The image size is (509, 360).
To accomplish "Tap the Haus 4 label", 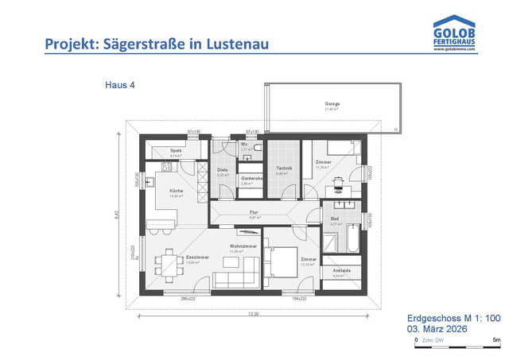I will pos(119,84).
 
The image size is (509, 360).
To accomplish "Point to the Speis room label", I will pos(177,150).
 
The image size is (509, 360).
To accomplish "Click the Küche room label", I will pos(176,192).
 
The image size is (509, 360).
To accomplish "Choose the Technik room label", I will pos(285,168).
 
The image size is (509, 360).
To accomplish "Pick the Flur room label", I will pos(254,212).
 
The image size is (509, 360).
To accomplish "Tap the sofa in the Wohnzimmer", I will pos(235,280).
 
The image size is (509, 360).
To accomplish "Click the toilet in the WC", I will pos(259,149).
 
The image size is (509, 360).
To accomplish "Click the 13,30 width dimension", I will pos(254,315).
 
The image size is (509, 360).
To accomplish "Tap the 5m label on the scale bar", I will pos(495,340).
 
